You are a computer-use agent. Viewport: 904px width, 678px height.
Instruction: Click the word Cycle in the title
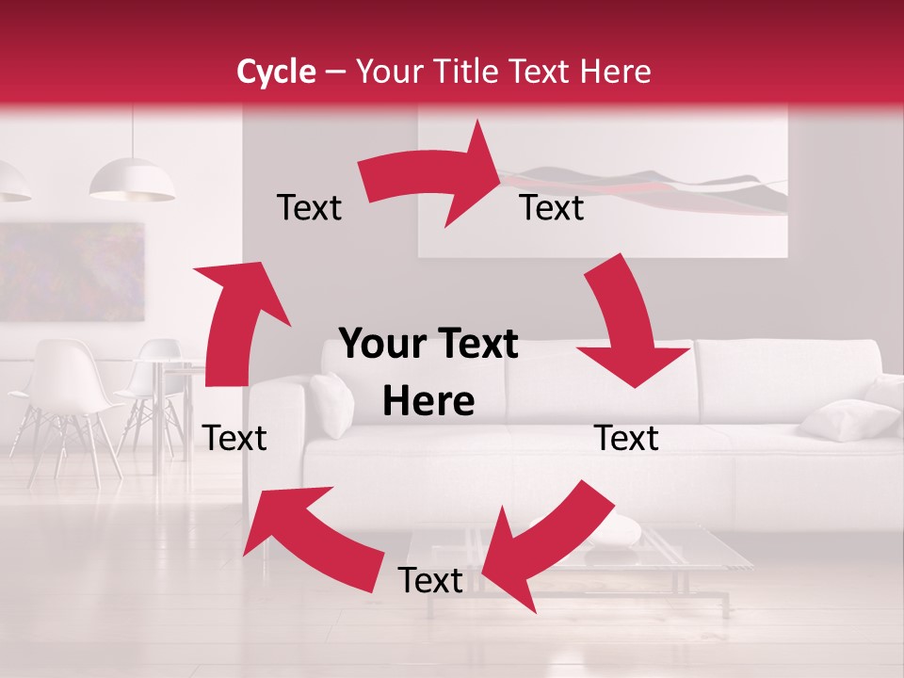[276, 72]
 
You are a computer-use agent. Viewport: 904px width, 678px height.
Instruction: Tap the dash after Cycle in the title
[334, 73]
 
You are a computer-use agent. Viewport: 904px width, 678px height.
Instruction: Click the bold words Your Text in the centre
[428, 345]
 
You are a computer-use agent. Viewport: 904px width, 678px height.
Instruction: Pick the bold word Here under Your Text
[428, 402]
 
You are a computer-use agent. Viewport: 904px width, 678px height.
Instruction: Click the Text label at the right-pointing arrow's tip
[552, 208]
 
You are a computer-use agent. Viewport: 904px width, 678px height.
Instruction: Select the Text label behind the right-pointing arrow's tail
[309, 208]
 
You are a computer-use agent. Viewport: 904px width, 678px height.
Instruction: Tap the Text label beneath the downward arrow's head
[626, 438]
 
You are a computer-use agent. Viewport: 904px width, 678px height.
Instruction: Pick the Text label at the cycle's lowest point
[430, 581]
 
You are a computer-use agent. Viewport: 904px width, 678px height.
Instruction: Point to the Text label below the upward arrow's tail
[234, 438]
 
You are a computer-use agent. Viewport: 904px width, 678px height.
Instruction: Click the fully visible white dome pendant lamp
[132, 181]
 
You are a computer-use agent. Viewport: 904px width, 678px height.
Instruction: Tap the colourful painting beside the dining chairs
[71, 273]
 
